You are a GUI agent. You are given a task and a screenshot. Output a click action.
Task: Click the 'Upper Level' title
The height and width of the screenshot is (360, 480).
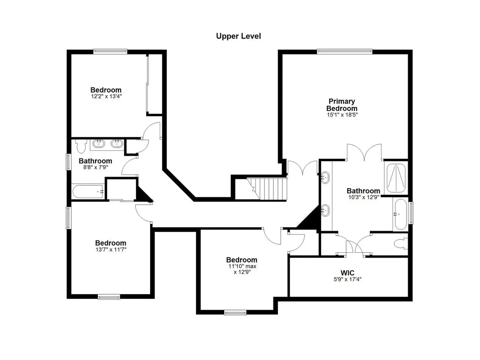click(238, 36)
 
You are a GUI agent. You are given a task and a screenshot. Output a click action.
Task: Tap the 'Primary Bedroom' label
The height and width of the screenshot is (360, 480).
click(342, 105)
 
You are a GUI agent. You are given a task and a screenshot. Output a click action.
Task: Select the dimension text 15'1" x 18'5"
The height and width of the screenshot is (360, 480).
click(342, 115)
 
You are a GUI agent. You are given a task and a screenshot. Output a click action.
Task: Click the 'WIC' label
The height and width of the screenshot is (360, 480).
click(347, 273)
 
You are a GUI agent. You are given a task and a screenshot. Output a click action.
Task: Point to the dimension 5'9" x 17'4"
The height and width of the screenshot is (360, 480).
click(348, 279)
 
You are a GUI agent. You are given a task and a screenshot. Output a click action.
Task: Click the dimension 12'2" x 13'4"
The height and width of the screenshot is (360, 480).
click(106, 96)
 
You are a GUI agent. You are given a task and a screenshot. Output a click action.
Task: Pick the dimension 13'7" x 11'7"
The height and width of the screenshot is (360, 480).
click(111, 250)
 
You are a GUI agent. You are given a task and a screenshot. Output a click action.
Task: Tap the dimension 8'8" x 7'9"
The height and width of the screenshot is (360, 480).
click(96, 167)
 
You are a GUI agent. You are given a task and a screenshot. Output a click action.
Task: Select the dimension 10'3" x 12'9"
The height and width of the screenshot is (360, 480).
click(363, 197)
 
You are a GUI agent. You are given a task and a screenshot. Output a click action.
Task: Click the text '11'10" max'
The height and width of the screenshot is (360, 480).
click(242, 267)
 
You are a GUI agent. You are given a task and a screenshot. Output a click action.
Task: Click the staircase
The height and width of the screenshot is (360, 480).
click(267, 189)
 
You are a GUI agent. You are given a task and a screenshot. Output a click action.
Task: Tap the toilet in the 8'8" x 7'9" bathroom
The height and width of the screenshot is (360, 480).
click(81, 146)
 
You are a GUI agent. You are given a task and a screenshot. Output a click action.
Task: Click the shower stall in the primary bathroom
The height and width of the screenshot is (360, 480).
click(396, 178)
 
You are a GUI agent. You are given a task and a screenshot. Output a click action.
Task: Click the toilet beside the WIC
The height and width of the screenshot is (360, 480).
click(401, 244)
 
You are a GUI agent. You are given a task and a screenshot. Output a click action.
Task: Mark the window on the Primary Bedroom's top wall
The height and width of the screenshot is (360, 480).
click(345, 51)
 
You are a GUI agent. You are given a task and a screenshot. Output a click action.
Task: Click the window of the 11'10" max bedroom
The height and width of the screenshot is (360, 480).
click(235, 313)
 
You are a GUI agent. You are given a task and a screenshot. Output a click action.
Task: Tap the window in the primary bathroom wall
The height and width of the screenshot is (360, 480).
click(411, 213)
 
